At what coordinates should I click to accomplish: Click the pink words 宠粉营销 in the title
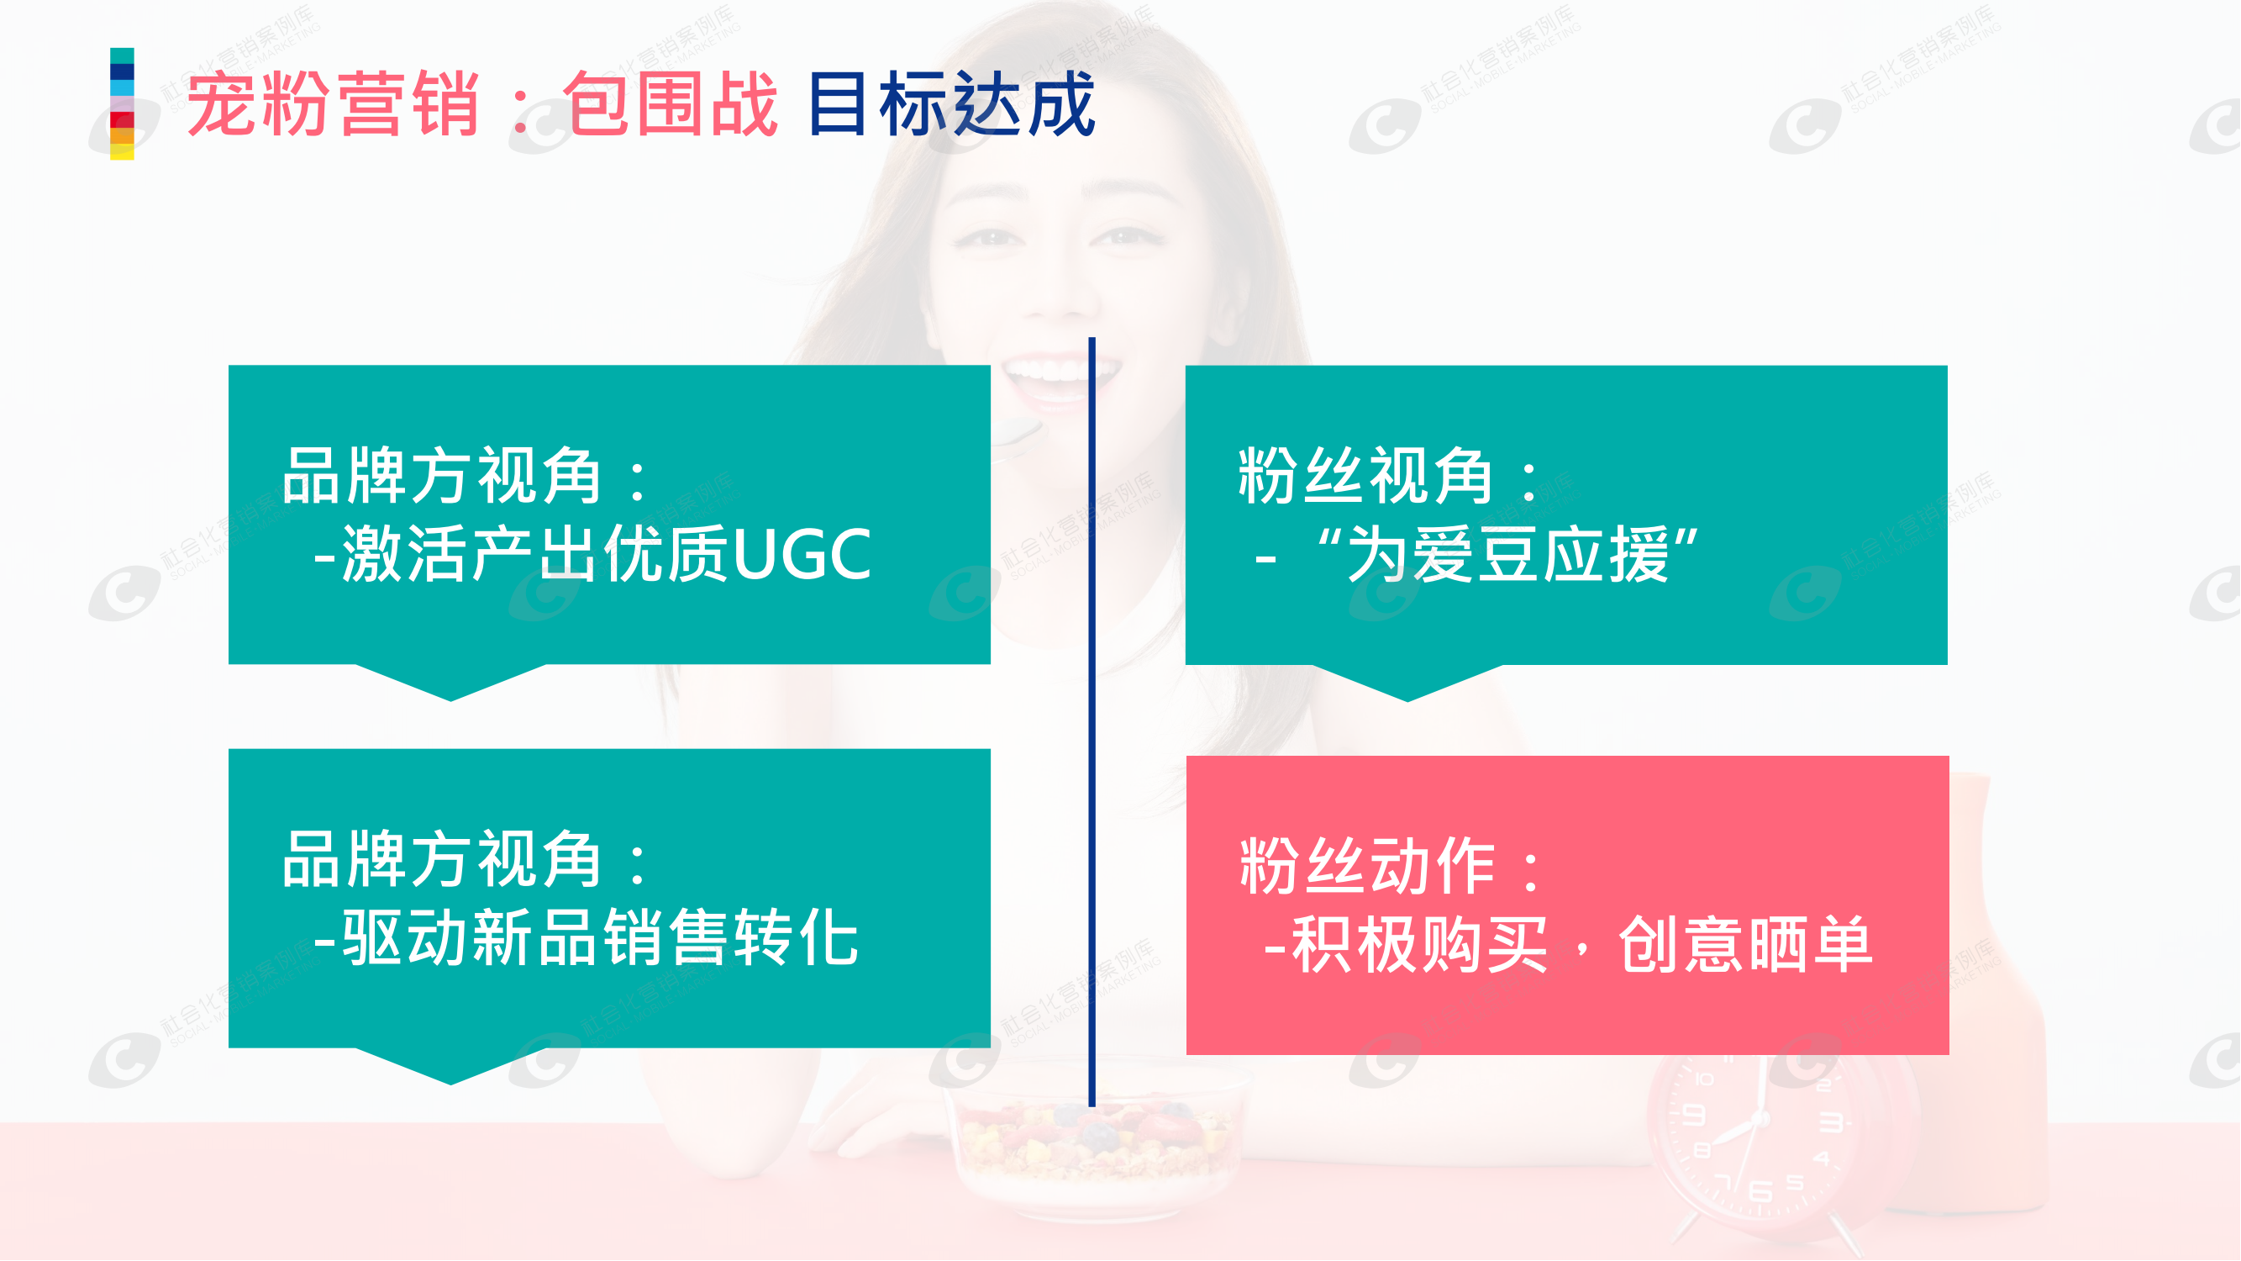[x=334, y=104]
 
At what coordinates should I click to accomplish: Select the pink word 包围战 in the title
[x=670, y=104]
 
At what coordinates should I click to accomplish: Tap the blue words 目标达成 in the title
[x=951, y=104]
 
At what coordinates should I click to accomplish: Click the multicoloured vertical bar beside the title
[x=122, y=103]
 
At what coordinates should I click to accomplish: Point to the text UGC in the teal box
[x=802, y=554]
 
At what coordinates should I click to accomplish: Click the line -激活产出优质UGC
[x=592, y=554]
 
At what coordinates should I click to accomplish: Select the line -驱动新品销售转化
[x=587, y=937]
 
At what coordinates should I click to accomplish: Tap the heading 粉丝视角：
[x=1389, y=476]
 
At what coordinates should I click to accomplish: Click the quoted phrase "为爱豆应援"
[x=1507, y=554]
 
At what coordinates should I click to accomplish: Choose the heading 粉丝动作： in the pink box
[x=1390, y=867]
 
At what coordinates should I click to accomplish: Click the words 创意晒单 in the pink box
[x=1745, y=945]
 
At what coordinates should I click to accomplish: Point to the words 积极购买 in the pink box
[x=1420, y=945]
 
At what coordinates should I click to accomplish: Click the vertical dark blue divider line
[x=1092, y=722]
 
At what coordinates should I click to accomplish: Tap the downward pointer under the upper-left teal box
[x=450, y=683]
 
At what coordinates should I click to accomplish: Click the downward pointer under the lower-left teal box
[x=450, y=1066]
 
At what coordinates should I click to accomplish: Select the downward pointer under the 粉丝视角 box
[x=1407, y=683]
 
